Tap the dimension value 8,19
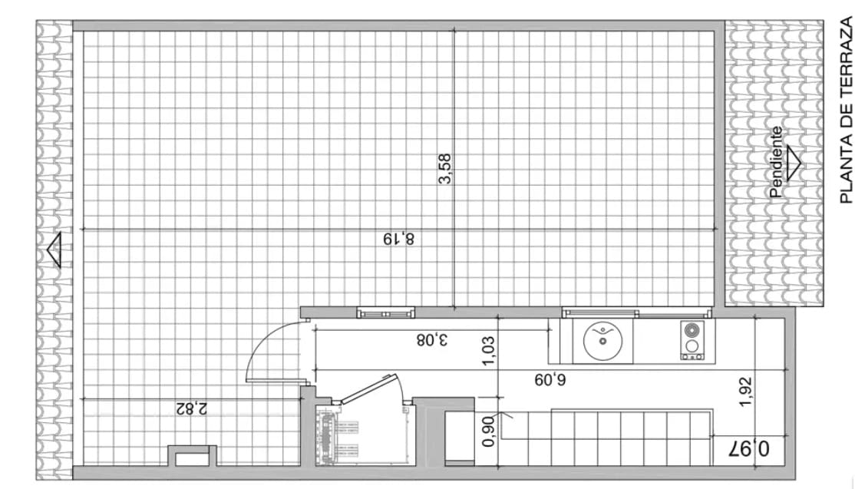coord(399,239)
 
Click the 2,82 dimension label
coord(191,408)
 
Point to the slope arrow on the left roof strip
coord(54,250)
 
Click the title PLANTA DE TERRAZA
coord(846,112)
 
